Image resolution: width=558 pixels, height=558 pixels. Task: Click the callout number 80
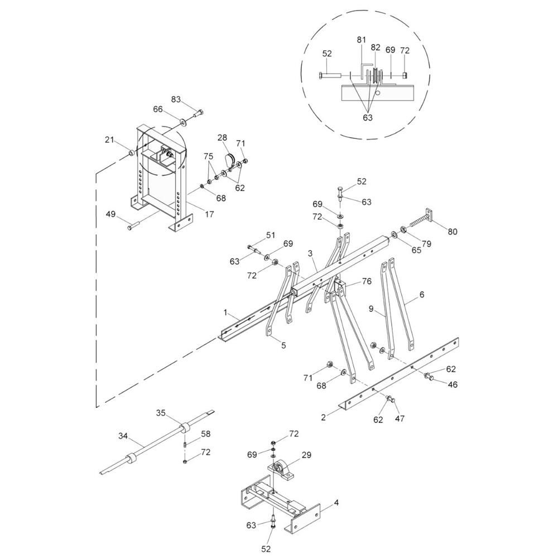pos(452,232)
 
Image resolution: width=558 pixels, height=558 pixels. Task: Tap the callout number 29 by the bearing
pos(306,456)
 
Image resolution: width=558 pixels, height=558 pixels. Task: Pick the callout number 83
pos(176,99)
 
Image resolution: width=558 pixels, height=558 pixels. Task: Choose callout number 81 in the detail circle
pos(362,40)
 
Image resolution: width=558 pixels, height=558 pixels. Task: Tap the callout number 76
pos(366,281)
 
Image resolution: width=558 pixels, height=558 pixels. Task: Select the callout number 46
pos(453,384)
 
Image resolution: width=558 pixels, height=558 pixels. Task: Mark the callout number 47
pos(400,418)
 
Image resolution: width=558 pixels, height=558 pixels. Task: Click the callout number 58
pos(206,434)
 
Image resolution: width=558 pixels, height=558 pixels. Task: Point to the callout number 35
pos(161,413)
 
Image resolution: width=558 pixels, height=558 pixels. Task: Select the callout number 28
pos(223,137)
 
